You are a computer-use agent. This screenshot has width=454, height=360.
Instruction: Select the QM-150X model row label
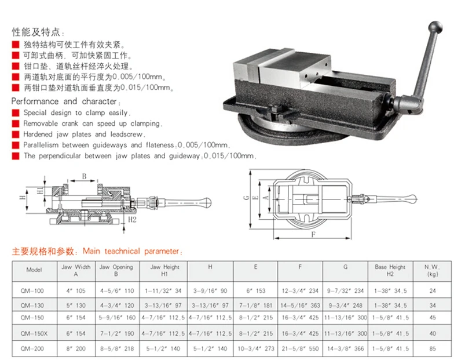pos(35,333)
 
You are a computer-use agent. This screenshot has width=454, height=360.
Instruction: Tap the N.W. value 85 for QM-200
pos(432,348)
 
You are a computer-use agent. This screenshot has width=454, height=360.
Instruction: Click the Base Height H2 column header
pos(390,270)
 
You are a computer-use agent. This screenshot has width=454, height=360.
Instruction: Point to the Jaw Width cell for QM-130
pos(75,304)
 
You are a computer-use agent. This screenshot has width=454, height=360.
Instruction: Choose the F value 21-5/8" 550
pos(300,348)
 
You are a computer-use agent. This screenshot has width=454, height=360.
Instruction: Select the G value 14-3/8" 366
pos(345,348)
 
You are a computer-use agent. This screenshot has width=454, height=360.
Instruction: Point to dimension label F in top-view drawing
pos(313,235)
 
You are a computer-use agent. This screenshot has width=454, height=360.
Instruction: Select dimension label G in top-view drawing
pos(246,197)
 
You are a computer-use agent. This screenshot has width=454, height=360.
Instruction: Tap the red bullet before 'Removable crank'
pos(16,123)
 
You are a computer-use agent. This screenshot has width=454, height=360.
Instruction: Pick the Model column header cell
pos(35,270)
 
